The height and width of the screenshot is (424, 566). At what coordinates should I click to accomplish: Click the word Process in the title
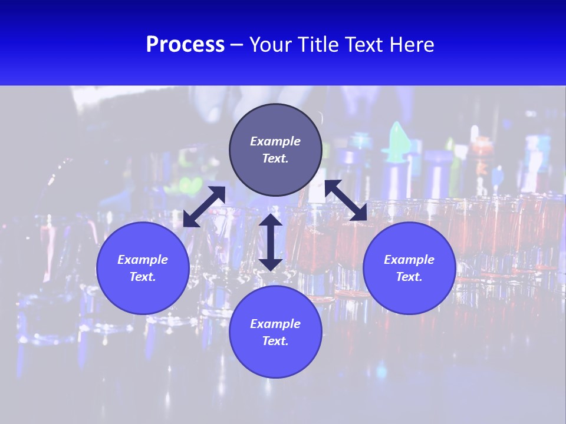point(185,45)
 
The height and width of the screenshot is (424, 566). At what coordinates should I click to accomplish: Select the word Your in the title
point(272,45)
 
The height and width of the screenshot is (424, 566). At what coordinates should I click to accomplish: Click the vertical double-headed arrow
point(271,242)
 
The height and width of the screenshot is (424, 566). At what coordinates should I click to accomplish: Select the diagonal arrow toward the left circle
point(204,207)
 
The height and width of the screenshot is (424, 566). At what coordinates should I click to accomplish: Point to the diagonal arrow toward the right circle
point(346,200)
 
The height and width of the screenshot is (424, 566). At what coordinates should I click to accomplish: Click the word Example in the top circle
point(275,141)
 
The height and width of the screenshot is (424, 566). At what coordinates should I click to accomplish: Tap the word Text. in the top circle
point(275,158)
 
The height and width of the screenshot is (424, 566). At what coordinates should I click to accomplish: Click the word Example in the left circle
point(143,260)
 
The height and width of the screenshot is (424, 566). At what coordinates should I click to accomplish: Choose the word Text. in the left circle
point(143,277)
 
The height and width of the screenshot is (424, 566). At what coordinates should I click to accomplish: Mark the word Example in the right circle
point(409,260)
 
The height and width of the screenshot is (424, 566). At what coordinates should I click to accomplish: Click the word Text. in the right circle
point(409,277)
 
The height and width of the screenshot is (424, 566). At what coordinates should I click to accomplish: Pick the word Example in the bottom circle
point(275,324)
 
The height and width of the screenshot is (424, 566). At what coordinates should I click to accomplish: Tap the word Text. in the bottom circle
point(275,341)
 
